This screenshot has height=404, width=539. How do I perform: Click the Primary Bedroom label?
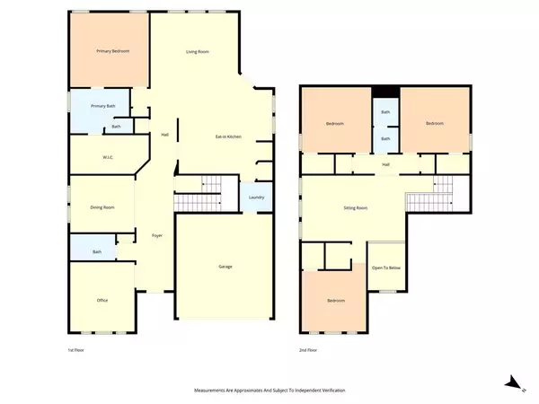[x=113, y=51]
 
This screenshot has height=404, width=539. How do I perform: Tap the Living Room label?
[x=198, y=51]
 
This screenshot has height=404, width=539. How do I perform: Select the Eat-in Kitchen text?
[x=228, y=136]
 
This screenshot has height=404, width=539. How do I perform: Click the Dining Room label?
[x=102, y=208]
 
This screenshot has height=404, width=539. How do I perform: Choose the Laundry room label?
[x=255, y=198]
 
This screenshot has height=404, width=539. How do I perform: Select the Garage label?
[x=226, y=267]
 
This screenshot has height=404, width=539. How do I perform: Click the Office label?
[x=102, y=300]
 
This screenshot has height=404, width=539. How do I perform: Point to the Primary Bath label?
[x=103, y=107]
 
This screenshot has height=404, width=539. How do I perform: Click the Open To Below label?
[x=387, y=267]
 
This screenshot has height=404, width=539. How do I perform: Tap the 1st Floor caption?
[x=77, y=349]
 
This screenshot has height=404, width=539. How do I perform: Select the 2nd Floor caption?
[x=309, y=349]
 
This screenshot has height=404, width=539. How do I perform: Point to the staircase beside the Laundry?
[x=198, y=195]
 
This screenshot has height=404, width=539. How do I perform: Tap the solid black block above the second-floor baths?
[x=385, y=92]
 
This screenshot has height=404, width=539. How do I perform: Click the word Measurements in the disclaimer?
[x=216, y=391]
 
